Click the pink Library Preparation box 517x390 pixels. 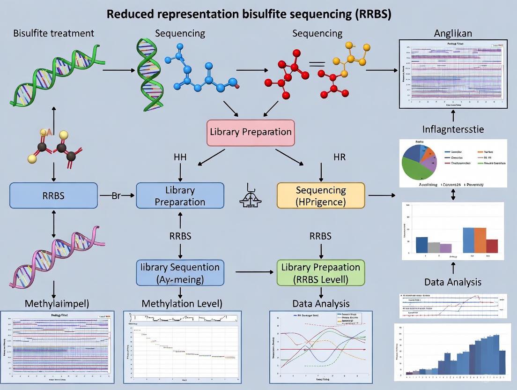click(x=251, y=132)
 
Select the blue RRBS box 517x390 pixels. click(x=54, y=195)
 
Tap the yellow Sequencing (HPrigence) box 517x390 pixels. click(x=321, y=196)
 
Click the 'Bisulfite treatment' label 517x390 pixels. click(x=53, y=33)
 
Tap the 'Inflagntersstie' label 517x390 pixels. click(x=452, y=128)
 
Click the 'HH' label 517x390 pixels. click(x=180, y=157)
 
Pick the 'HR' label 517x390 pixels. click(x=339, y=157)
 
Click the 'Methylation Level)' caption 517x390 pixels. click(x=182, y=303)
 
